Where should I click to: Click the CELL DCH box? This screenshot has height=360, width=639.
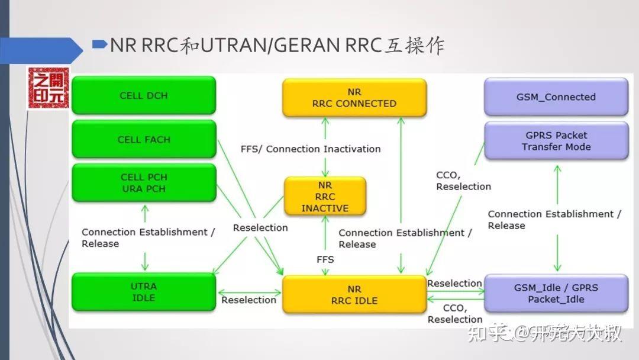[x=144, y=95]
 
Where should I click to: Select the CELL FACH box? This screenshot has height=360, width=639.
[x=144, y=140]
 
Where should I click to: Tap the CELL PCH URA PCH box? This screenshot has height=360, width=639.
[x=144, y=183]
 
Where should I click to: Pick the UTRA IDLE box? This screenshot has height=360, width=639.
[x=144, y=292]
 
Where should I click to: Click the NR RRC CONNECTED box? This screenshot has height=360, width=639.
[x=354, y=98]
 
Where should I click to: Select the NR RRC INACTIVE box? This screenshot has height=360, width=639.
[x=325, y=197]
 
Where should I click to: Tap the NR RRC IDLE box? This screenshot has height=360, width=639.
[x=354, y=294]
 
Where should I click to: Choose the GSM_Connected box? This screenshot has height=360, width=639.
[x=556, y=97]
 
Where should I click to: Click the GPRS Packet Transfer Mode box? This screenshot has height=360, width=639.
[x=556, y=141]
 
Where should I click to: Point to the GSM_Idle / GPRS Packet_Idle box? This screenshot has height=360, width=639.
[x=556, y=293]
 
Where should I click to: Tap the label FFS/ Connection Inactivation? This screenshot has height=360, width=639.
[x=311, y=149]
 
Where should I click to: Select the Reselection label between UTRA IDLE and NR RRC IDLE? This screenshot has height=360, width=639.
[x=248, y=300]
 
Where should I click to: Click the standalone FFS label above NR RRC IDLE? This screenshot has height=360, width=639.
[x=325, y=259]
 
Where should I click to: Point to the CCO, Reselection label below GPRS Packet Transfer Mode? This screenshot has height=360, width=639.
[x=463, y=181]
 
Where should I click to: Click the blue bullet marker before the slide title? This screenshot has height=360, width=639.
[x=100, y=44]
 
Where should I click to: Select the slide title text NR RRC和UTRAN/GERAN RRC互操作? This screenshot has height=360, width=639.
[x=277, y=46]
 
